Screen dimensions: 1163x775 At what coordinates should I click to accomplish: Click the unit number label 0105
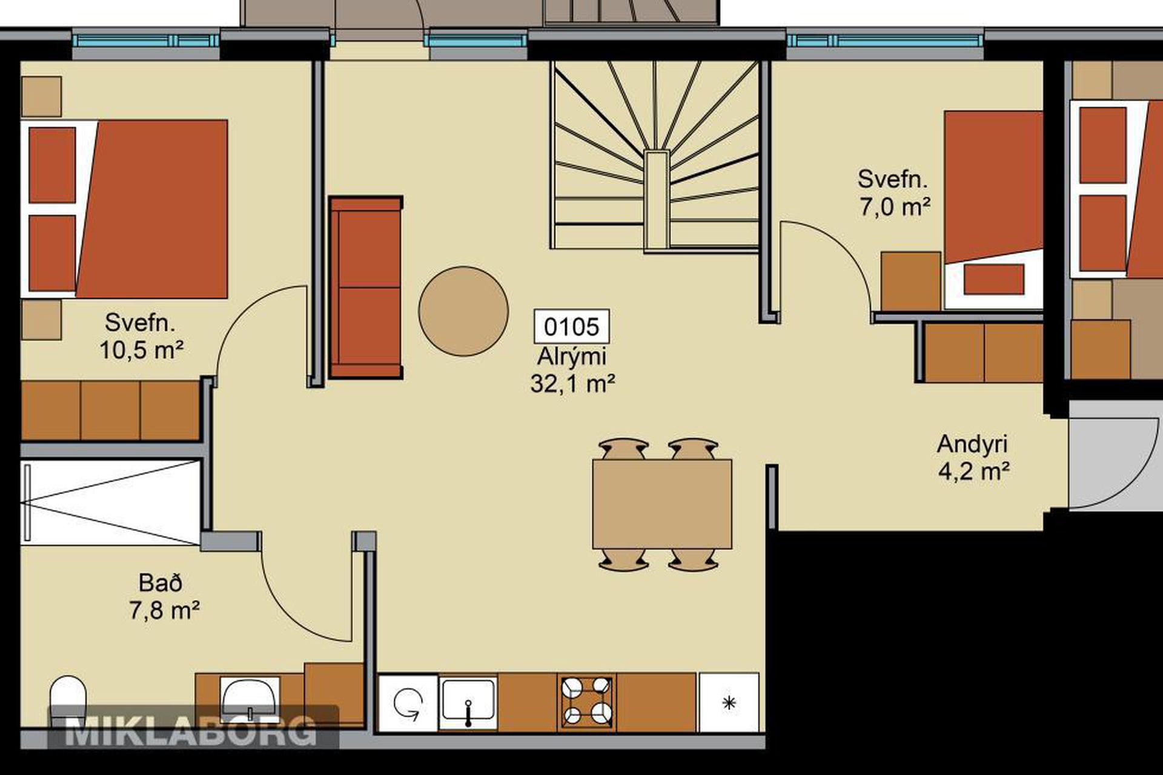(x=571, y=327)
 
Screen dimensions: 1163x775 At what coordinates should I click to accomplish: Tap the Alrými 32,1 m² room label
(x=572, y=370)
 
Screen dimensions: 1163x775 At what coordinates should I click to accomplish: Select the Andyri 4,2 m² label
(x=973, y=457)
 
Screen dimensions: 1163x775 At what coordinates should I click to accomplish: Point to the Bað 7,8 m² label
(x=164, y=596)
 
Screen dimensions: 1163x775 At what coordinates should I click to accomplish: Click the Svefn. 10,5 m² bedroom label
(x=141, y=336)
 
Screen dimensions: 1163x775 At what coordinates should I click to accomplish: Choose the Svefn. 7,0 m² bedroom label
(x=893, y=193)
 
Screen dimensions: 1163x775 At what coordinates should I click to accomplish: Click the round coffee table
(x=463, y=311)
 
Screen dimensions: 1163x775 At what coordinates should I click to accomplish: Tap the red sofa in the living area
(x=366, y=288)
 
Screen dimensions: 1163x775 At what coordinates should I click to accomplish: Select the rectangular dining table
(x=662, y=504)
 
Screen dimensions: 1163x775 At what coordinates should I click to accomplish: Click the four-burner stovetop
(x=586, y=702)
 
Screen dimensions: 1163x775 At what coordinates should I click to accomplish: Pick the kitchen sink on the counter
(x=468, y=702)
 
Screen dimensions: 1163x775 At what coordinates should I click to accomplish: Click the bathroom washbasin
(x=250, y=699)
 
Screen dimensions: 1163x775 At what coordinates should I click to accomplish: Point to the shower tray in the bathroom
(x=111, y=502)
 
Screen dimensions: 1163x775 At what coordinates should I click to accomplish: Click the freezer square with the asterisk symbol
(x=729, y=702)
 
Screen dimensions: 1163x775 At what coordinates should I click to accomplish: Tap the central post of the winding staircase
(x=656, y=200)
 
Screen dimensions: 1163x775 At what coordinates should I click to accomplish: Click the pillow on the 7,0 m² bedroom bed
(x=993, y=279)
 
